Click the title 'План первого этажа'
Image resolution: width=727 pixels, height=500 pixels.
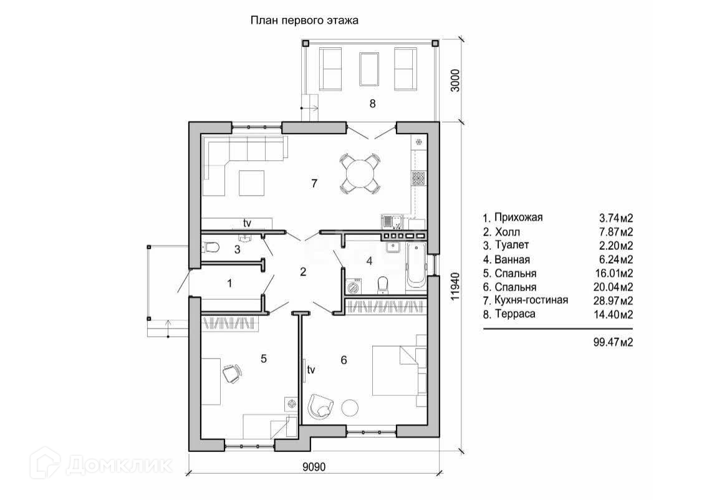[304, 21]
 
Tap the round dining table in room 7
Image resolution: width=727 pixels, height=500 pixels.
[360, 173]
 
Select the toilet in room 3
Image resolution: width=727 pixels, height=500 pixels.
[211, 248]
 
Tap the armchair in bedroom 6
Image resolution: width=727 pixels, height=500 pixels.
[321, 406]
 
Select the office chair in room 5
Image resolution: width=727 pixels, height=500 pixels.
[233, 373]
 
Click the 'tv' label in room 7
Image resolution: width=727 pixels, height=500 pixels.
[247, 223]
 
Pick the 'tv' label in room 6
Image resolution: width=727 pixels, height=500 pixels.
[311, 370]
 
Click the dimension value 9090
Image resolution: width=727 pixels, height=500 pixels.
[314, 467]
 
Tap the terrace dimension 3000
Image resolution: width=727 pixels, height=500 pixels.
[455, 80]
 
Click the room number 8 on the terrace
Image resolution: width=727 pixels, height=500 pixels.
[372, 103]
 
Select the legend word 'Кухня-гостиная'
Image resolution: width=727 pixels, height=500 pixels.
[531, 300]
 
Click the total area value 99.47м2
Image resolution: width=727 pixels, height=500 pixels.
[613, 342]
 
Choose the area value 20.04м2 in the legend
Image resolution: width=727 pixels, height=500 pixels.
[613, 287]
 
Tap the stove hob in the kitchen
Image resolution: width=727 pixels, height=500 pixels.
[418, 178]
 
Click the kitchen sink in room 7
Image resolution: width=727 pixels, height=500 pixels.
[393, 222]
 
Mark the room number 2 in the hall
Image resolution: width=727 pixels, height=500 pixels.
[303, 272]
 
